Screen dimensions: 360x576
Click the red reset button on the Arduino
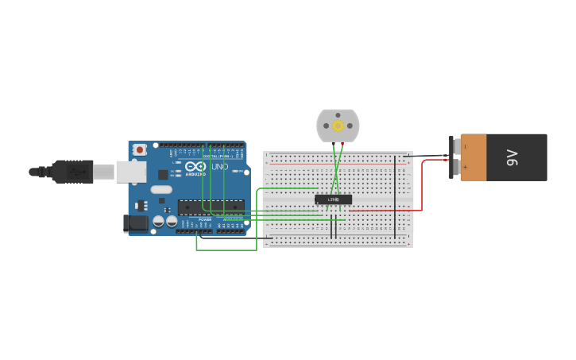pos(140,149)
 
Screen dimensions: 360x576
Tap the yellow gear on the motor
pos(338,126)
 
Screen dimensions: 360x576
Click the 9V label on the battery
pos(512,157)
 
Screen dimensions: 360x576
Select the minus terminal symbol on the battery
pos(465,147)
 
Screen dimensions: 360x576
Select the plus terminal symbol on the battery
pos(465,168)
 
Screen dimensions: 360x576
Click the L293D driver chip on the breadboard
pos(334,199)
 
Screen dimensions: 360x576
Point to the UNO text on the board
pos(219,167)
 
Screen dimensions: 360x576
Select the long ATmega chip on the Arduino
pos(211,207)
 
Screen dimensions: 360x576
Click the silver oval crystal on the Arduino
pos(160,190)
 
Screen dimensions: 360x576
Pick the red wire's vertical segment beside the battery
pos(422,187)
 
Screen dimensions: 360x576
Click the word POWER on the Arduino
pos(205,219)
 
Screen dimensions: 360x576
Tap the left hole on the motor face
pos(325,126)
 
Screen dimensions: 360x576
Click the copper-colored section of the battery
pos(474,157)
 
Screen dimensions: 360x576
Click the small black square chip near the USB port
pos(163,174)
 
